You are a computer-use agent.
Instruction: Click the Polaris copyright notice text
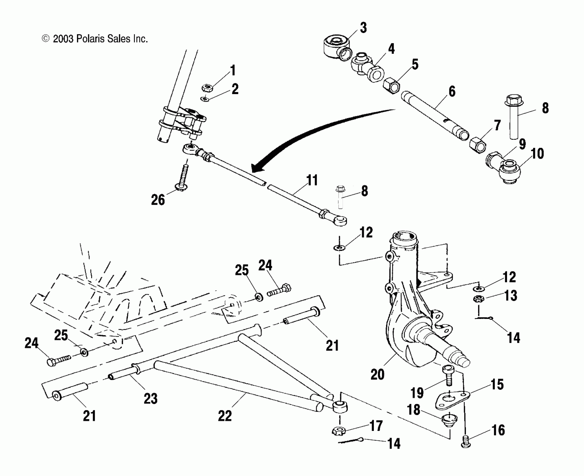click(95, 39)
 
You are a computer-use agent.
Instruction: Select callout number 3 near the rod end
click(363, 28)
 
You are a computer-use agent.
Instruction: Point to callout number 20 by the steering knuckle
click(377, 374)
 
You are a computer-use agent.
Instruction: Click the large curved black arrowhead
click(257, 168)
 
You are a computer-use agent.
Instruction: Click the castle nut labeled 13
click(479, 299)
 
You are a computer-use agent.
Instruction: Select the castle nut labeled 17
click(339, 430)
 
